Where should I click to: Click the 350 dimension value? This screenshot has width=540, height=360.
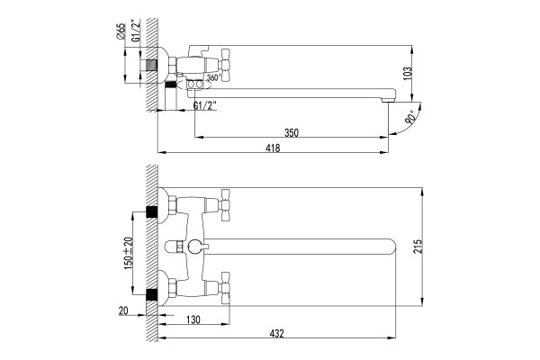(x=292, y=132)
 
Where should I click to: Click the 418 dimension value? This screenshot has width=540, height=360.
(x=273, y=148)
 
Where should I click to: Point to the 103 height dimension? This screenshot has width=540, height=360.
(x=407, y=74)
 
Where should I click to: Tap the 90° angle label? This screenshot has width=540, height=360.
(x=409, y=118)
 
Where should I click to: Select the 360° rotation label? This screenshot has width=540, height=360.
(x=213, y=78)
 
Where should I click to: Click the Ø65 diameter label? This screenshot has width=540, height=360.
(x=121, y=31)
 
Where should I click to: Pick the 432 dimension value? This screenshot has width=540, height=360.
(x=276, y=333)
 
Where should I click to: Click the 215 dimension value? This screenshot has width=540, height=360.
(x=418, y=247)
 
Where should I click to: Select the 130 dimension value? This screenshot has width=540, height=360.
(x=193, y=319)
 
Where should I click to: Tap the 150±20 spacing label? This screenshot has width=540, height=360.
(x=128, y=253)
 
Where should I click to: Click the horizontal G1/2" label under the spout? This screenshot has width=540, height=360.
(x=205, y=105)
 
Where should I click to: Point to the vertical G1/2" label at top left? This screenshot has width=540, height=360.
(x=137, y=31)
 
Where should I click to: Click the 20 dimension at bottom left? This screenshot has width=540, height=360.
(x=123, y=310)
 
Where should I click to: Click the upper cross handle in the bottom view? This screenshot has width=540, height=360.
(x=225, y=205)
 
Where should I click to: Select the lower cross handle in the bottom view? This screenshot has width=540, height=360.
(x=225, y=288)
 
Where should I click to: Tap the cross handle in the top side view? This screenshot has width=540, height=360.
(x=225, y=65)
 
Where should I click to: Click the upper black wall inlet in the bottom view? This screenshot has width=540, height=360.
(x=151, y=211)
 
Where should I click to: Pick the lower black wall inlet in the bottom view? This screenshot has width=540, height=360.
(x=151, y=294)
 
